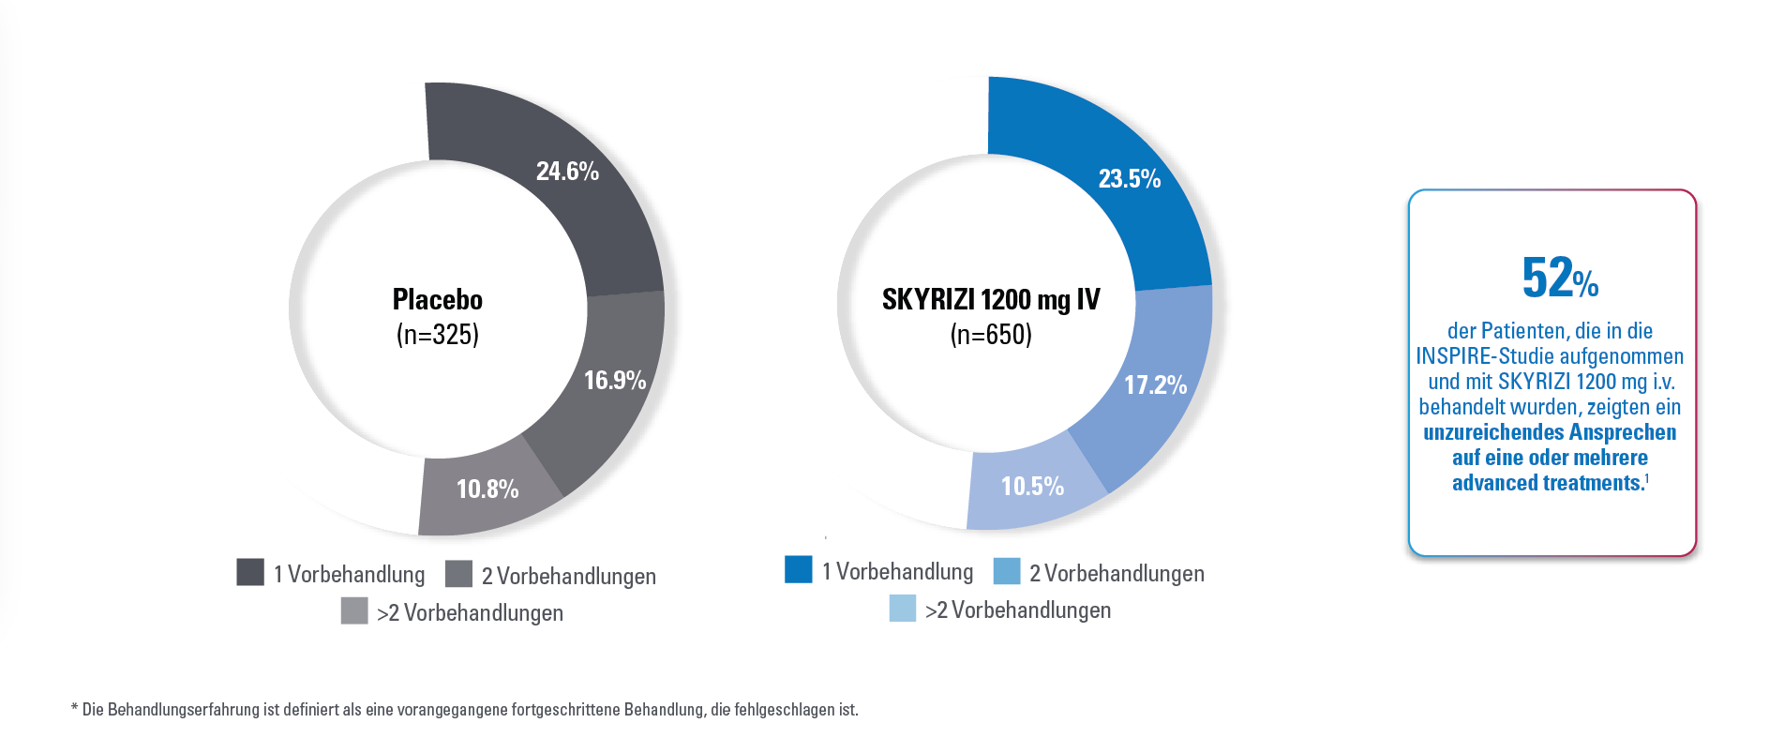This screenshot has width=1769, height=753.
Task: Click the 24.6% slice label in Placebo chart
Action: tap(567, 172)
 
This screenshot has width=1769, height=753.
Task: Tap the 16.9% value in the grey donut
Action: tap(615, 381)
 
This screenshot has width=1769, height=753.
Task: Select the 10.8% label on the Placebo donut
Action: tap(487, 489)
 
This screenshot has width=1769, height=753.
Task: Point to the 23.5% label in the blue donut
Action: tap(1130, 179)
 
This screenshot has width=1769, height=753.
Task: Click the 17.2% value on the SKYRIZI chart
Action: tap(1155, 385)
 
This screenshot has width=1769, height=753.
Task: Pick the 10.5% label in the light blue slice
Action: tap(1032, 487)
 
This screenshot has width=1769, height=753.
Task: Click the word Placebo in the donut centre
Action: tap(438, 300)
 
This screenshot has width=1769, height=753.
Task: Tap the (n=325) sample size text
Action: tap(438, 335)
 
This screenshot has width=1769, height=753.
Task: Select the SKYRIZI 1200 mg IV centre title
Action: tap(991, 300)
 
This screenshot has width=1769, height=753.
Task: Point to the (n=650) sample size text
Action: tap(991, 335)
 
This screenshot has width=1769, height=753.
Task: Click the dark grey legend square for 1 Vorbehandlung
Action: tap(250, 572)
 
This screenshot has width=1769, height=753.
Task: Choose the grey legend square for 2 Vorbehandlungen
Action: tap(458, 574)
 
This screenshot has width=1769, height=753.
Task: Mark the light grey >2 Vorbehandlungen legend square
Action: tap(354, 610)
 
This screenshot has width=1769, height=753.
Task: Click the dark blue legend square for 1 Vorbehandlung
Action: tap(799, 569)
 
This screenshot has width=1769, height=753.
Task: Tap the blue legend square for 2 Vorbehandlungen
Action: tap(1007, 571)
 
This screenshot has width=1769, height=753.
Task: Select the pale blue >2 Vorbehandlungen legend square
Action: tap(903, 608)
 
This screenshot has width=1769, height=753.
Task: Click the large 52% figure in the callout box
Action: tap(1559, 279)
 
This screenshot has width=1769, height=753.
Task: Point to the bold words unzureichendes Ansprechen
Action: tap(1550, 433)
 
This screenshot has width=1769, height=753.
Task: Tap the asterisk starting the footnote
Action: tap(74, 708)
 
